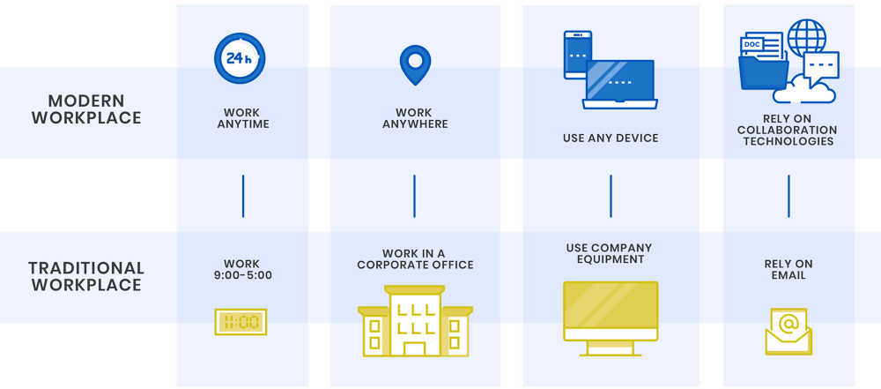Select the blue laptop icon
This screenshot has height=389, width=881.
[x=620, y=85]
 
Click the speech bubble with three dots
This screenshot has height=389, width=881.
[x=821, y=65]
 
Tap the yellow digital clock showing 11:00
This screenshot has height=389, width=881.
[x=241, y=322]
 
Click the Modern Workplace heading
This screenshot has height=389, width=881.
[x=86, y=109]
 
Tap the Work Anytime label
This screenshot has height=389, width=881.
[x=241, y=118]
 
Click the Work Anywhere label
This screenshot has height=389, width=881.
[x=414, y=118]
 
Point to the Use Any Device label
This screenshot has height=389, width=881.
[x=611, y=138]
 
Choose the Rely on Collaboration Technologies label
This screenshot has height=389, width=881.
[x=788, y=130]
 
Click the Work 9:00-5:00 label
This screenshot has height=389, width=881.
[x=241, y=269]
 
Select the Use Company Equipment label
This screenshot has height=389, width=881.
[x=611, y=253]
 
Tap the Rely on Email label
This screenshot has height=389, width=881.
[x=788, y=269]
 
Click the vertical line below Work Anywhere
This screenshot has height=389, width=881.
[x=414, y=196]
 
